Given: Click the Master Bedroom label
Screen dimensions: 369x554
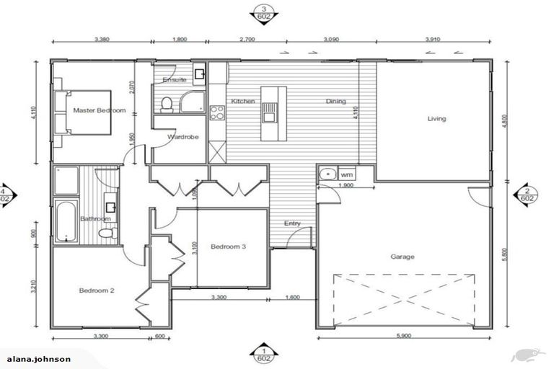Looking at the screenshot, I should pos(100,110).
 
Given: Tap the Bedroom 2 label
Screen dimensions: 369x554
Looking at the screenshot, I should pos(97,290).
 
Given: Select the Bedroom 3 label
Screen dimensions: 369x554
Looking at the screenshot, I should pos(228,246).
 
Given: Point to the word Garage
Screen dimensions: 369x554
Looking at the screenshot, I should pos(403,256).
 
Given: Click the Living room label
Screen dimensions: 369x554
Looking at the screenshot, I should pos(436,118).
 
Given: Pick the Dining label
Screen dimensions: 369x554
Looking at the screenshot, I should pos(335,102).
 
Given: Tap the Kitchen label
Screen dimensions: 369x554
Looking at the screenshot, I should pos(242,102).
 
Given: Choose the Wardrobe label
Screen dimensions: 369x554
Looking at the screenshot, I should pos(178,136).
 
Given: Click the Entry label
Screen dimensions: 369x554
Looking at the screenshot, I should pos(292,223).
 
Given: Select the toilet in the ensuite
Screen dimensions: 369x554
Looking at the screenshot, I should pos(167,105).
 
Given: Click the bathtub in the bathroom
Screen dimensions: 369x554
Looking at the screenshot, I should pos(66,220).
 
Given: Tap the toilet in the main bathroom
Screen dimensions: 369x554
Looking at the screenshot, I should pos(107,233).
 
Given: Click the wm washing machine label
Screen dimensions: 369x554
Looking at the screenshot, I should pos(346,174).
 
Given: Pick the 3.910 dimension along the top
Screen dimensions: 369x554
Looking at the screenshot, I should pos(433,41).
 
